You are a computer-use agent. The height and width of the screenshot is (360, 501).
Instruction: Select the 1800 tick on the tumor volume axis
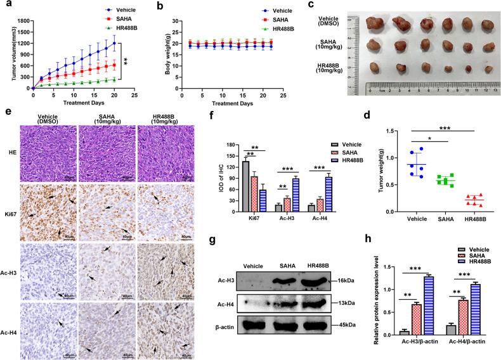pos(18,20)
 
